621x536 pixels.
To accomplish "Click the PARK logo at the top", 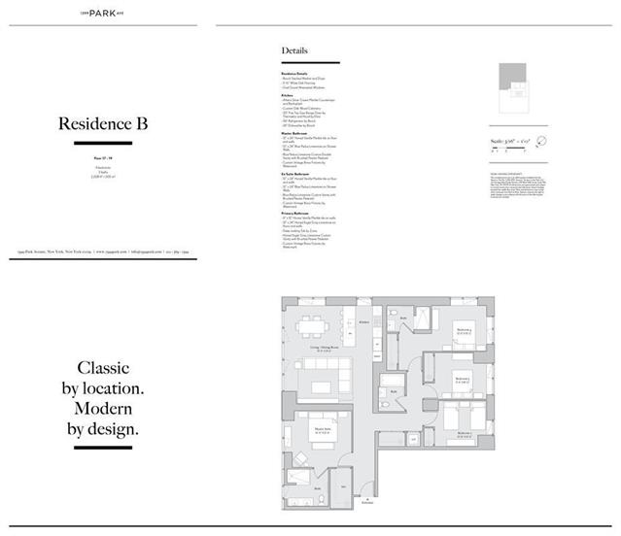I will pos(103,13).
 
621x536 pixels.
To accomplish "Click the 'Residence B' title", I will pos(103,123).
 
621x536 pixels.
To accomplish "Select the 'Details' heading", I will pos(295,50).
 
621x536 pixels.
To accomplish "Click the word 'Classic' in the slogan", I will pos(103,368).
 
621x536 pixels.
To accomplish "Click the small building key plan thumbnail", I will pos(515,86).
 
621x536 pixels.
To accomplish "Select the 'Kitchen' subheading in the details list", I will pos(288,95).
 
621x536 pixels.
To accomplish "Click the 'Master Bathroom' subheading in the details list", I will pos(294,133).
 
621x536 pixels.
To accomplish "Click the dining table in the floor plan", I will pos(313,324).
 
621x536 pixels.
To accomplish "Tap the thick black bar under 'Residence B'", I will pos(103,143).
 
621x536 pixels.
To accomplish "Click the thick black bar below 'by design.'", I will pos(103,448).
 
